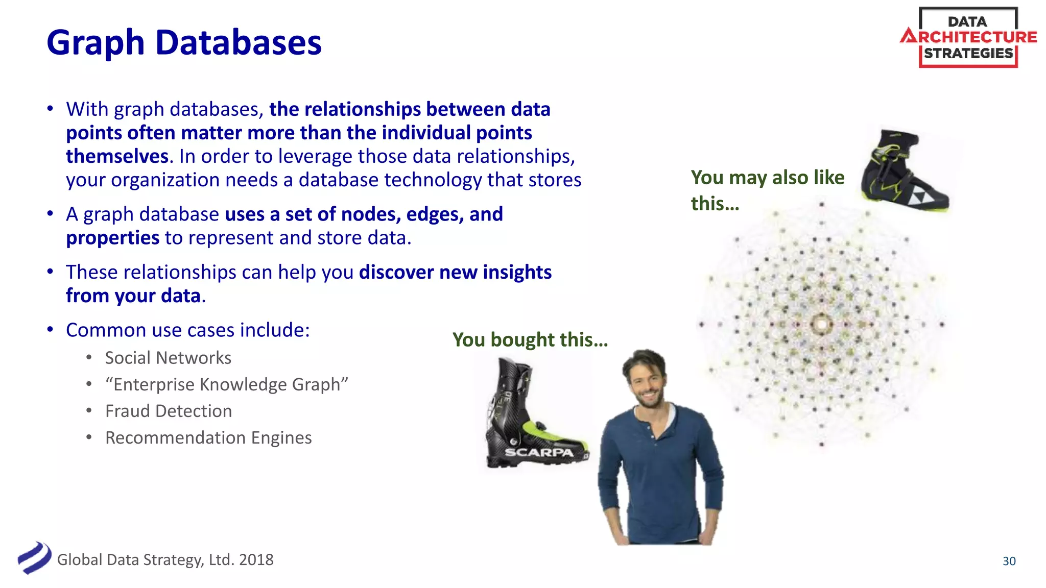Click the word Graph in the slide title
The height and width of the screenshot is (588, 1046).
click(x=96, y=43)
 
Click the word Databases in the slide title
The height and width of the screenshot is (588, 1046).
click(x=239, y=43)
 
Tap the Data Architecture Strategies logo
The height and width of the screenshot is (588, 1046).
click(x=968, y=38)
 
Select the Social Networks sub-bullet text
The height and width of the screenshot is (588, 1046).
click(x=168, y=358)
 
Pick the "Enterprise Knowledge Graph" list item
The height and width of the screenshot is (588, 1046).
click(x=226, y=384)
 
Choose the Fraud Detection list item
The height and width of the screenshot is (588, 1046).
click(x=169, y=411)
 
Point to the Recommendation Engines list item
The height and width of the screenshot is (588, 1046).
click(x=208, y=437)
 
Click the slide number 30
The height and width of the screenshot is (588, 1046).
click(x=1009, y=561)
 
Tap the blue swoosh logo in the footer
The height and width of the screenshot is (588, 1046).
click(x=34, y=558)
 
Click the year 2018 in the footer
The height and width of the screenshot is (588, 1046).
click(x=256, y=560)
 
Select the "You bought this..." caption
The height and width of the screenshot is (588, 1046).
click(x=530, y=339)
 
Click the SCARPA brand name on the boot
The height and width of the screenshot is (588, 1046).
click(x=538, y=452)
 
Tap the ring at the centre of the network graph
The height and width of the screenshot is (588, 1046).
click(x=821, y=324)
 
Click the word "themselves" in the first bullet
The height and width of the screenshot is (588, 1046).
click(x=117, y=156)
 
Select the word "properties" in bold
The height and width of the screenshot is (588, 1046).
click(x=113, y=238)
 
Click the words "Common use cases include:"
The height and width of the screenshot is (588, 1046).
click(x=188, y=330)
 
